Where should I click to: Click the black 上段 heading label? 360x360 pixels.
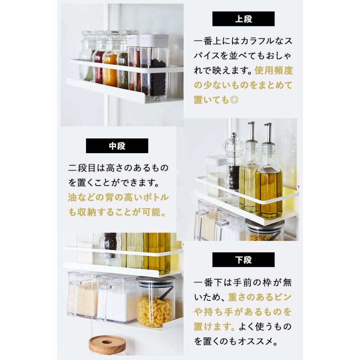243,19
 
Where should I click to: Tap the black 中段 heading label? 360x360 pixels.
117,146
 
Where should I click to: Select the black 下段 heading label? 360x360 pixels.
243,260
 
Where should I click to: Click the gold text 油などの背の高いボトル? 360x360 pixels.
118,198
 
